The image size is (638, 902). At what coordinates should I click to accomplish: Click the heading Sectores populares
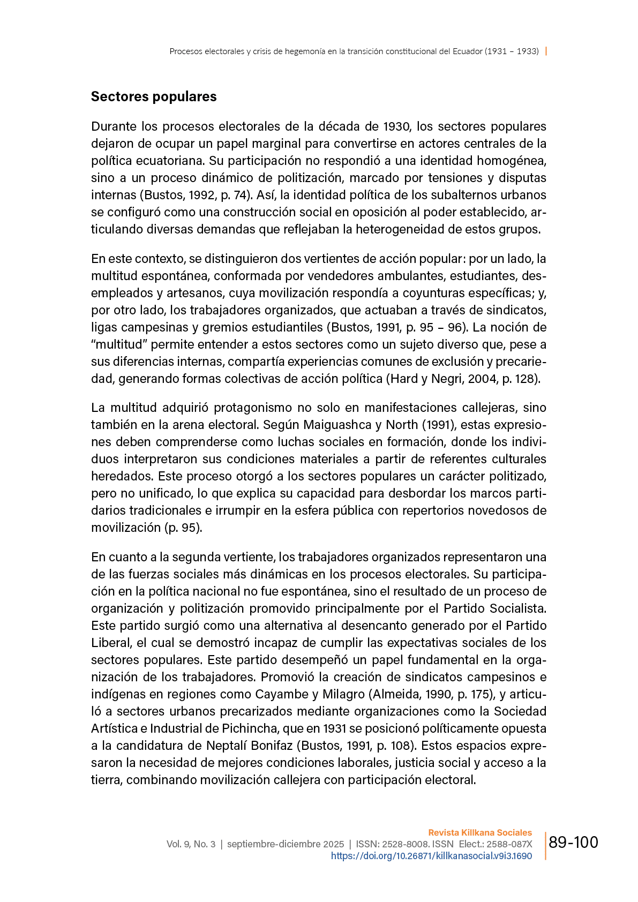click(x=154, y=97)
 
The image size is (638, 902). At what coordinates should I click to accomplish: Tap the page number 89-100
click(x=573, y=843)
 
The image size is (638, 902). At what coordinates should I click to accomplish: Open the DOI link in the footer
click(x=431, y=856)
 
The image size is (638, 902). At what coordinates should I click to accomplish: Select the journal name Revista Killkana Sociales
click(x=480, y=832)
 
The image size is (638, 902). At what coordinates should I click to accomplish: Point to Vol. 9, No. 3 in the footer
click(x=191, y=844)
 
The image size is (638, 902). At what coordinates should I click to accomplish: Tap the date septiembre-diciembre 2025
click(x=286, y=844)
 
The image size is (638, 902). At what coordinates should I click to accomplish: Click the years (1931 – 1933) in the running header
click(x=512, y=51)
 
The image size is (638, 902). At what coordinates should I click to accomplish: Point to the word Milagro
click(x=343, y=694)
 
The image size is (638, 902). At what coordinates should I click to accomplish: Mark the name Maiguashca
click(x=337, y=425)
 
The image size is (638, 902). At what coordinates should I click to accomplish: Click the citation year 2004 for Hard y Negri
click(x=483, y=379)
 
